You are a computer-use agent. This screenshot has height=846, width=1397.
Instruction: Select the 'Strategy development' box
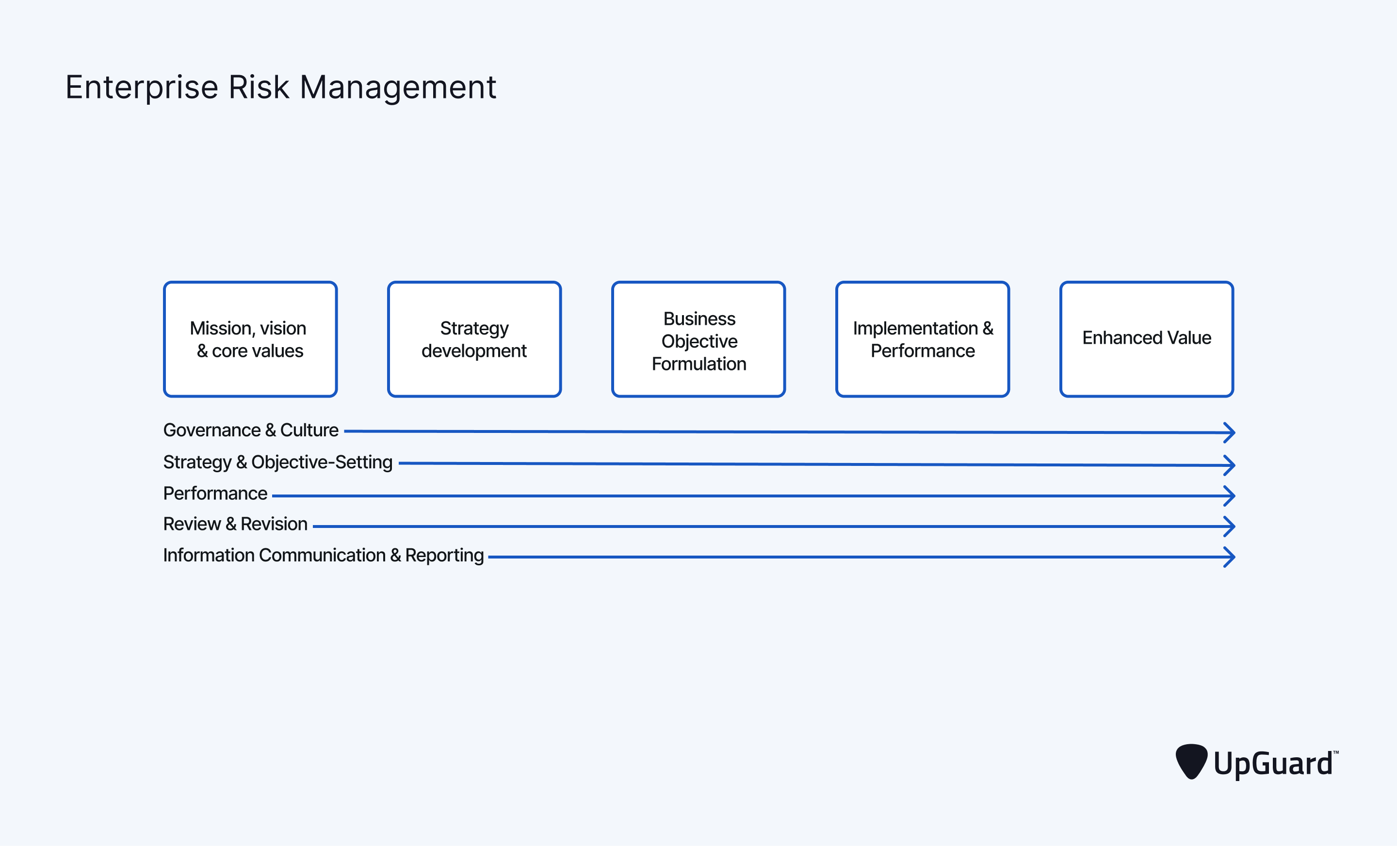click(x=474, y=339)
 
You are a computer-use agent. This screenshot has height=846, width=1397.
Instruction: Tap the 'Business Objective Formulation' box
click(x=698, y=339)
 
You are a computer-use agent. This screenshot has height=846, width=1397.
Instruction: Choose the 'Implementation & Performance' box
click(x=923, y=339)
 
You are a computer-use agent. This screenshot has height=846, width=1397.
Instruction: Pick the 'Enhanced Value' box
click(x=1146, y=339)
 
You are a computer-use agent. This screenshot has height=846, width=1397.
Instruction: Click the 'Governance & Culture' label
click(x=251, y=430)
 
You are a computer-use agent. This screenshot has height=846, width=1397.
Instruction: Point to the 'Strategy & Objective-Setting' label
click(x=278, y=463)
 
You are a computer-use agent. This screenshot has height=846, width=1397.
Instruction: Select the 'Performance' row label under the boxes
click(x=215, y=494)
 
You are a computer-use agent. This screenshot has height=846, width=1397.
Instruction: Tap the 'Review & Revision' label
click(x=235, y=524)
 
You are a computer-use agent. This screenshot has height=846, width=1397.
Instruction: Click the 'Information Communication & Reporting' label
click(x=323, y=555)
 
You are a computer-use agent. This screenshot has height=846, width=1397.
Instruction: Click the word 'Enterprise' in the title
click(x=142, y=88)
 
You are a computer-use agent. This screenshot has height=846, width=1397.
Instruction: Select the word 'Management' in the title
click(x=398, y=88)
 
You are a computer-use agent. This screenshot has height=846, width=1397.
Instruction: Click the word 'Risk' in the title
click(x=259, y=87)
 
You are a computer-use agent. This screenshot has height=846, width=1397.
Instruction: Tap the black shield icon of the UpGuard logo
click(x=1191, y=762)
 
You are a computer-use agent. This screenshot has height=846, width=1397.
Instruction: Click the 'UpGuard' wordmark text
click(x=1275, y=763)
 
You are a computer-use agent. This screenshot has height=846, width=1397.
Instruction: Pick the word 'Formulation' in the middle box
click(x=698, y=364)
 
